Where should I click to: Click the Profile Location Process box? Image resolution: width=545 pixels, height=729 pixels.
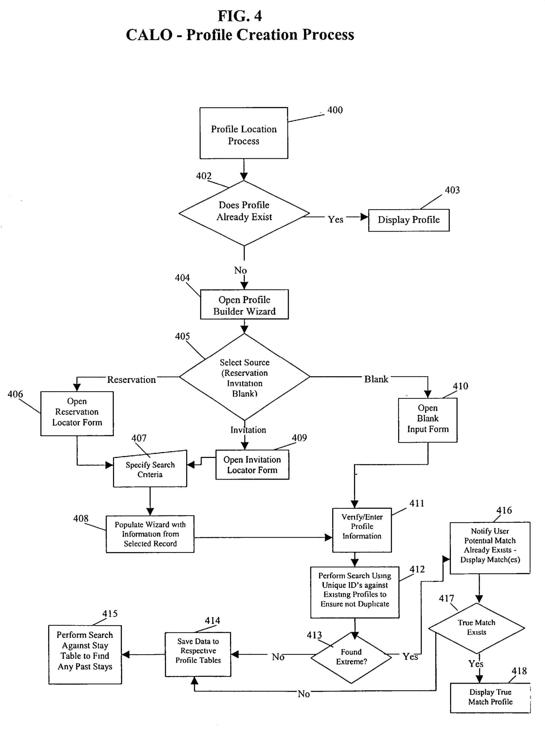(243, 133)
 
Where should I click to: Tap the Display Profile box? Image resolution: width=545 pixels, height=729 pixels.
(408, 220)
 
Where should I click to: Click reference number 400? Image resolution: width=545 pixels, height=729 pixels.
(335, 110)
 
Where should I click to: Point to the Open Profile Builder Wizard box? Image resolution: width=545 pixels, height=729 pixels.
(244, 305)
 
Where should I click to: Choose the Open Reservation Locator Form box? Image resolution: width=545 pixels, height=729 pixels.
(77, 413)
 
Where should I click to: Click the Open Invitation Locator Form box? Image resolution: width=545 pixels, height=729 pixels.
(252, 465)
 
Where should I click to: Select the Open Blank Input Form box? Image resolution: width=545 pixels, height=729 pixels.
(427, 420)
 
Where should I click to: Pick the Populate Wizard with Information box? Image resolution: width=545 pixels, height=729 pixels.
(150, 534)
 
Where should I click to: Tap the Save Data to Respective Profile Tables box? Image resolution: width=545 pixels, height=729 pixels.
(198, 654)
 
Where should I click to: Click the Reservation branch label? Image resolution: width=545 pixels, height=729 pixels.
(131, 380)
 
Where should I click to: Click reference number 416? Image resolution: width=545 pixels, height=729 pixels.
(504, 510)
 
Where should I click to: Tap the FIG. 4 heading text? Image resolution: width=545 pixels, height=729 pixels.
(240, 16)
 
